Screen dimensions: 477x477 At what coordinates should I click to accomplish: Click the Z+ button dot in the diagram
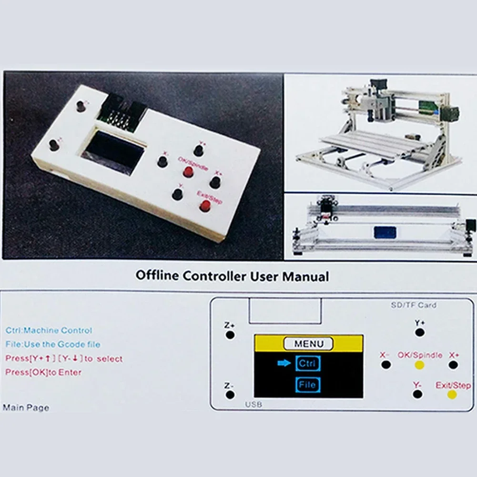230,335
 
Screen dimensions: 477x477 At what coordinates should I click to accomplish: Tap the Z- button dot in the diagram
230,395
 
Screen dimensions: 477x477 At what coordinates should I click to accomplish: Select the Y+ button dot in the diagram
419,332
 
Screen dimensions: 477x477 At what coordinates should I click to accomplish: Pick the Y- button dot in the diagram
418,394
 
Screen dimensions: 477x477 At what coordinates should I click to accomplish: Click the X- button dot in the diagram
386,365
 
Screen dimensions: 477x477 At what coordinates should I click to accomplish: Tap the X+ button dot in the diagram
453,365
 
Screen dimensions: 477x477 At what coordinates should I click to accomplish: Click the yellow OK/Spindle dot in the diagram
419,365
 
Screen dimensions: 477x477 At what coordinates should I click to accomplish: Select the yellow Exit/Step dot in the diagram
452,394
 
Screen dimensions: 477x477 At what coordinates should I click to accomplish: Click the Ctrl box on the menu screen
307,364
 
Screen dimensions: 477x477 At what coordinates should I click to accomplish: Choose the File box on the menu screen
307,385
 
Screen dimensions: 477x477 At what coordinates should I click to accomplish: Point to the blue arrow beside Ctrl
284,364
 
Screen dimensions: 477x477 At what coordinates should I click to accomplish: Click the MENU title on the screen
308,344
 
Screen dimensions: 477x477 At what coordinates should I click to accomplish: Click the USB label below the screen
254,404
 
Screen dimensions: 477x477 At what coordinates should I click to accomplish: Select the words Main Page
26,407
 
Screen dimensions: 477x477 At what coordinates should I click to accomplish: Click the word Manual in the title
307,276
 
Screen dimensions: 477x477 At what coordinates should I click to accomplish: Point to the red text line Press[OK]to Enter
43,372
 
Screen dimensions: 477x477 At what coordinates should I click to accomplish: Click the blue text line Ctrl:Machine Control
49,330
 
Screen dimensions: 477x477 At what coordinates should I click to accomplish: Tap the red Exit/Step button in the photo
205,206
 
